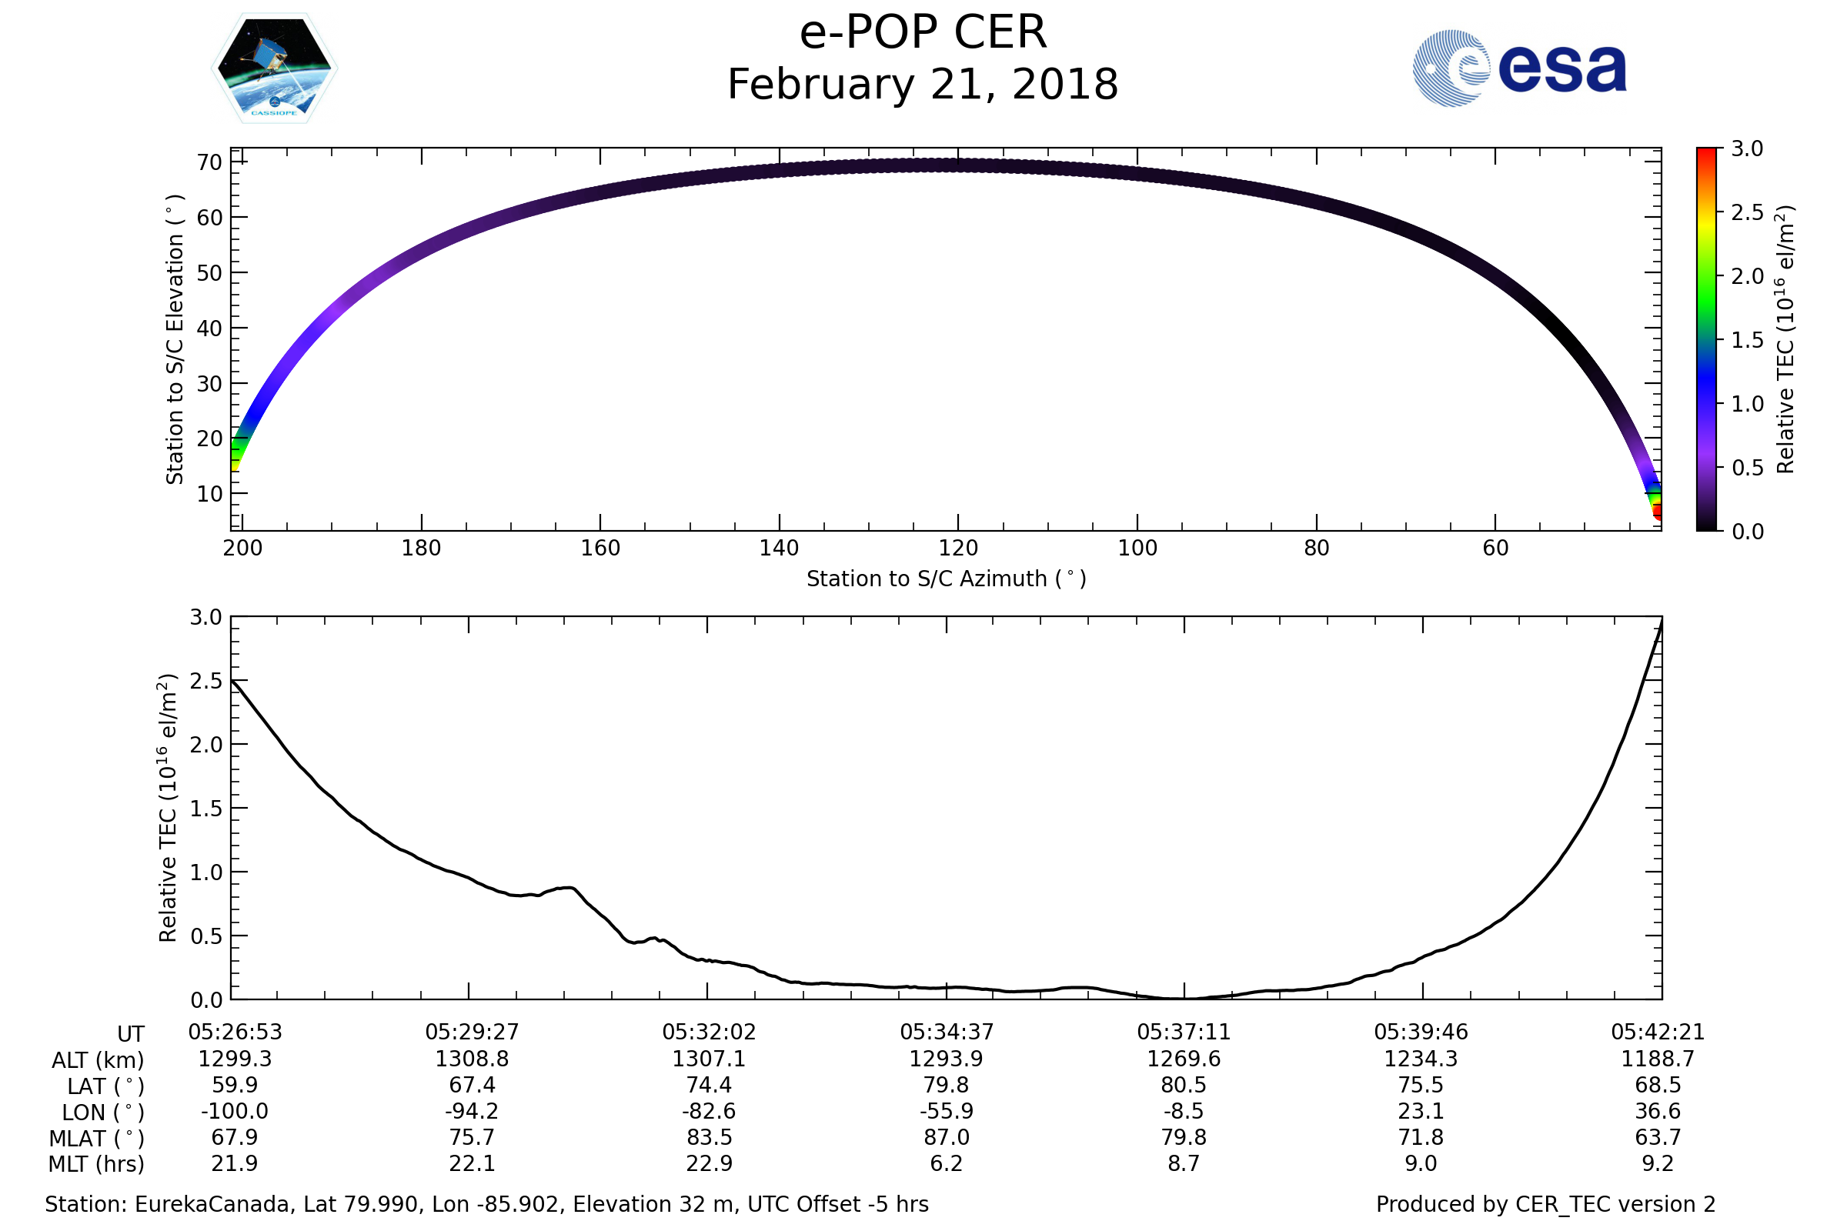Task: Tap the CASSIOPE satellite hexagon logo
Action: pos(274,68)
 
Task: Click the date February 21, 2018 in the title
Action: pos(923,85)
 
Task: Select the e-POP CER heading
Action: pos(923,33)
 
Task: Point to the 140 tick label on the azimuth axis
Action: pos(779,548)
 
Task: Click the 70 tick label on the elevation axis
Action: pos(209,162)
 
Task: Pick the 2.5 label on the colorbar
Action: pos(1747,213)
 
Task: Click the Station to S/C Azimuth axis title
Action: pos(947,579)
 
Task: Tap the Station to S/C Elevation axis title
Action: pos(175,339)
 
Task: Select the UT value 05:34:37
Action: pos(947,1033)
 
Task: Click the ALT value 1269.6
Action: pos(1184,1059)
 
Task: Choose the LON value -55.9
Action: pos(947,1112)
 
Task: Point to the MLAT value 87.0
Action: pos(947,1138)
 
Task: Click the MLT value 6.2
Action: pos(947,1163)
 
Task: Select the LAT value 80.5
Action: pos(1184,1085)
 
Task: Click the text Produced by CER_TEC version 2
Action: pos(1545,1205)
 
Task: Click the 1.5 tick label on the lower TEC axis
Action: pos(205,809)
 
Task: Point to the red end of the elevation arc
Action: pos(1658,513)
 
